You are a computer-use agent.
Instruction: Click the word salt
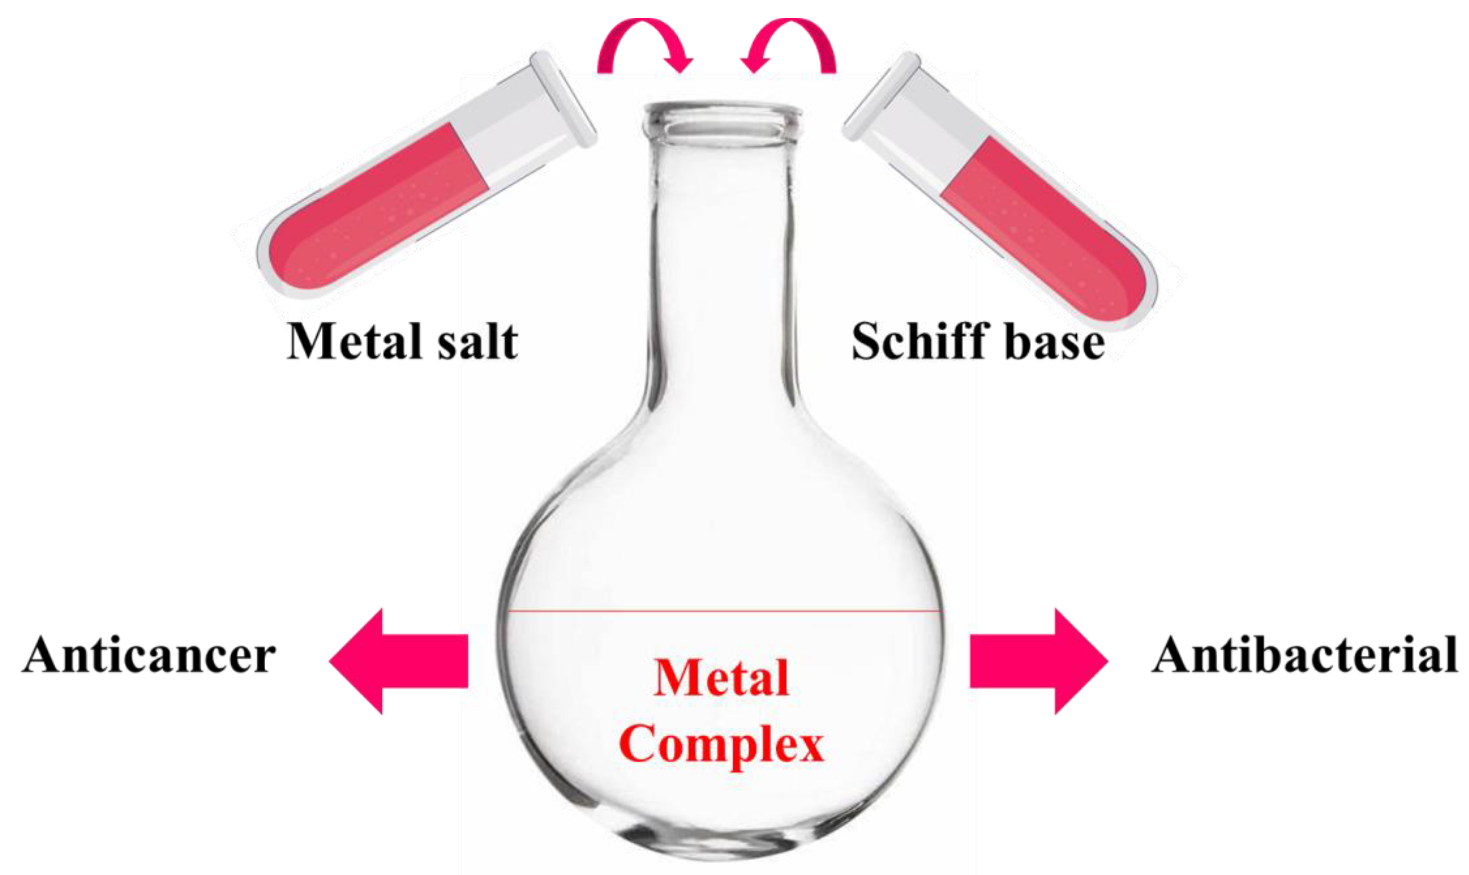point(477,341)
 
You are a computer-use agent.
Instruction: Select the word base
point(1054,342)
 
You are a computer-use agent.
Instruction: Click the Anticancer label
point(149,655)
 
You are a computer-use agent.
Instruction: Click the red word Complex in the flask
point(721,745)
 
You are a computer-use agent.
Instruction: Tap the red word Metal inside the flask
point(721,678)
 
